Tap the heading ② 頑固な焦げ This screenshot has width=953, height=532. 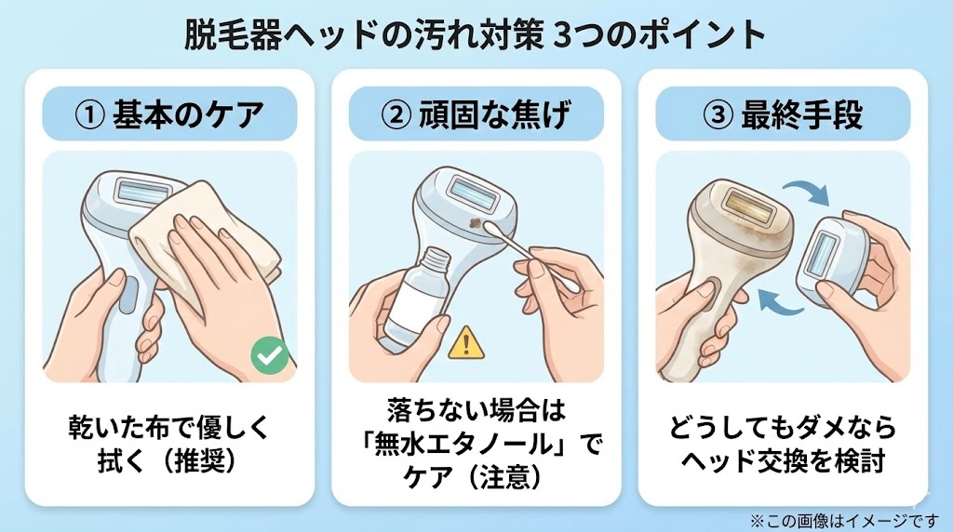tap(476, 114)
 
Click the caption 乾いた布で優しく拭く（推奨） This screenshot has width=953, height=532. tap(169, 444)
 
